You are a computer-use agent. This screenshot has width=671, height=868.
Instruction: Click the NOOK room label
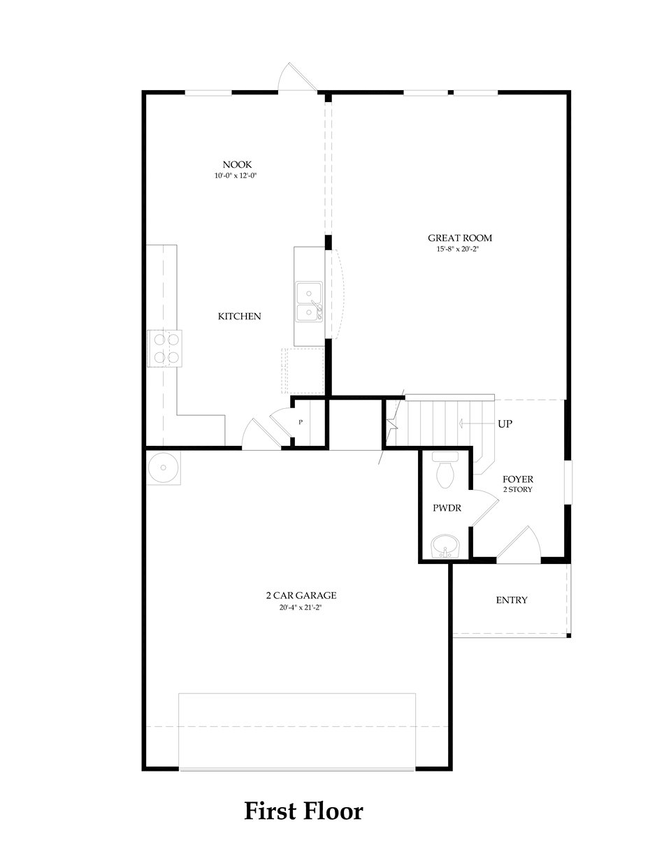coord(238,164)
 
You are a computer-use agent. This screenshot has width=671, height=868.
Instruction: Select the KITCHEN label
coord(240,317)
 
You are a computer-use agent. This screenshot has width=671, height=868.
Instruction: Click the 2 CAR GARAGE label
coord(301,595)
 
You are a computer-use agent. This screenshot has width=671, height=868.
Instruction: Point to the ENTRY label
coord(512,600)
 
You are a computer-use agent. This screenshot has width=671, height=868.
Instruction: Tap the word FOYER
coord(518,479)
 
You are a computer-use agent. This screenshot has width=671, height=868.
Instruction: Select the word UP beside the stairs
coord(505,424)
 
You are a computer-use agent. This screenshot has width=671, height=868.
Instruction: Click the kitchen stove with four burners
coord(163,348)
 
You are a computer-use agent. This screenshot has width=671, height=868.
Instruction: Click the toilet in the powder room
coord(445,471)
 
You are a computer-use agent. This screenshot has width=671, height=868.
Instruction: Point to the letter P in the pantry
coord(301,422)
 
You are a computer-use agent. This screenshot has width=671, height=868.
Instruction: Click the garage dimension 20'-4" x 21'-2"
coord(301,607)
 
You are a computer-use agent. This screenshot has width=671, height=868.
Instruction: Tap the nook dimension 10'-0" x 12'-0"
coord(238,176)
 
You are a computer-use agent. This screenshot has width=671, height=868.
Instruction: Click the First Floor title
coord(303,811)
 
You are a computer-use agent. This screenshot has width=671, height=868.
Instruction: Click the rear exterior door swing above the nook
coord(294,77)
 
